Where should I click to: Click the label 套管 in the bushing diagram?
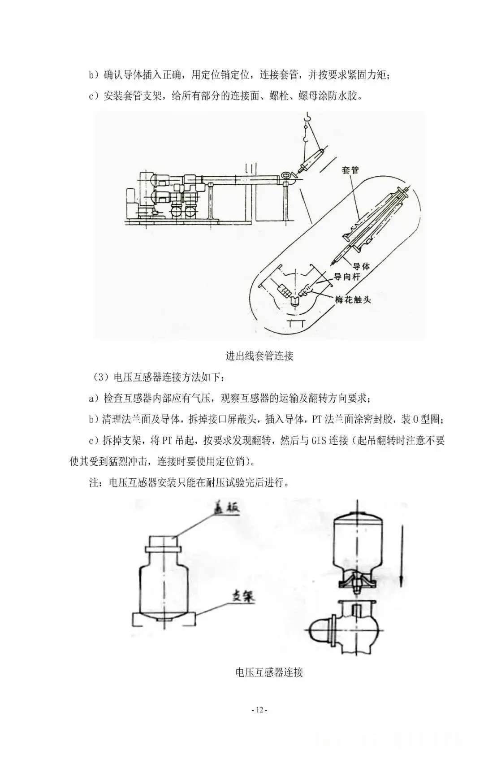click(x=350, y=170)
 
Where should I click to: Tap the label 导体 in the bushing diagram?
click(x=360, y=266)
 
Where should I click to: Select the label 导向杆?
click(x=346, y=278)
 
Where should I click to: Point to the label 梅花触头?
click(x=353, y=299)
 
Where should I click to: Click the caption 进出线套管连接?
click(x=259, y=356)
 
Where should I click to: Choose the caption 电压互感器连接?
click(x=269, y=672)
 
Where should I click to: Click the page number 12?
click(x=260, y=722)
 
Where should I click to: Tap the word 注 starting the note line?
click(x=93, y=483)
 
